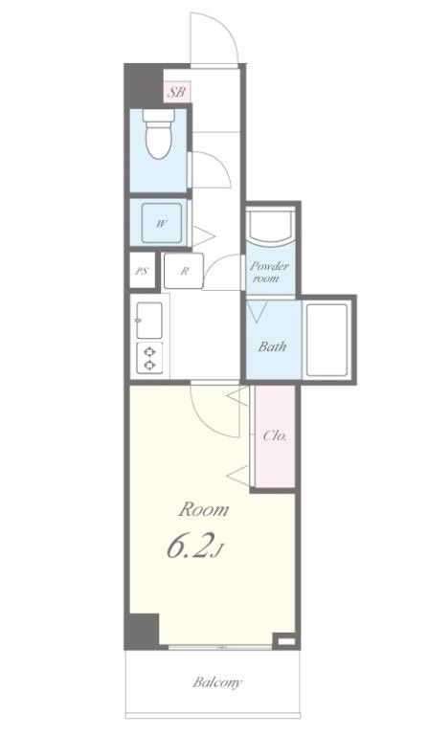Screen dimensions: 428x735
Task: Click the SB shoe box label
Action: (x=177, y=92)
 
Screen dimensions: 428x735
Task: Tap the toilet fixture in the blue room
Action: (x=159, y=134)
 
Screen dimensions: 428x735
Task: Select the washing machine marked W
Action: (x=161, y=223)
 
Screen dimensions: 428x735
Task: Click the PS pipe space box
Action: (x=142, y=271)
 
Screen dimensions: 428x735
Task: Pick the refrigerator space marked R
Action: (x=183, y=271)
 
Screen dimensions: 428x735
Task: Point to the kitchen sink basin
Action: (x=149, y=321)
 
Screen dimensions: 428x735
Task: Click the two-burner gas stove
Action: (x=149, y=358)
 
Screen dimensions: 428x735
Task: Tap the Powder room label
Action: (x=268, y=272)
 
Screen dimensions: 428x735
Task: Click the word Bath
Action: (x=272, y=346)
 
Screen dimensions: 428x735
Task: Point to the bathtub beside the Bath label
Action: (x=327, y=340)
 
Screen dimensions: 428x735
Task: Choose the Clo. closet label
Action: (x=275, y=435)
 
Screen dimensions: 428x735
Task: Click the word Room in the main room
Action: (x=203, y=509)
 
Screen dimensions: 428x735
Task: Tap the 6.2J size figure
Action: (x=193, y=546)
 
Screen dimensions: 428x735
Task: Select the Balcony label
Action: (x=217, y=682)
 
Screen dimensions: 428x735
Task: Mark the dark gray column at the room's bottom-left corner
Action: (x=142, y=631)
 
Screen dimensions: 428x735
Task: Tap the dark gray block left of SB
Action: (x=144, y=86)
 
